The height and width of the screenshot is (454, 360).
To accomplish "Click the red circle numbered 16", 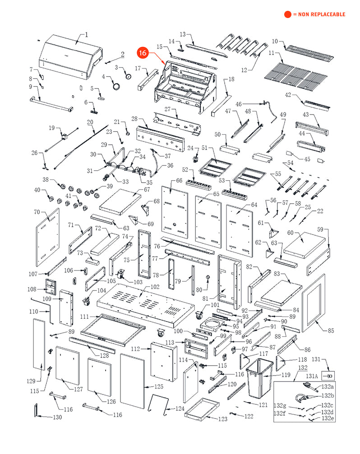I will pos(143,53).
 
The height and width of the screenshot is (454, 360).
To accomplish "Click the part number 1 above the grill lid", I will pos(87,35).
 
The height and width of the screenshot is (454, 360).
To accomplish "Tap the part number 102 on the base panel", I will pos(155,286).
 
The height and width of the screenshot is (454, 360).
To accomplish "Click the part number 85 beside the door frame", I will pos(331,331).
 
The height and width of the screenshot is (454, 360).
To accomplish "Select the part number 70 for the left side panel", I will pos(37,212).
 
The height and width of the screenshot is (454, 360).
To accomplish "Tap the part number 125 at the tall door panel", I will pos(159,387).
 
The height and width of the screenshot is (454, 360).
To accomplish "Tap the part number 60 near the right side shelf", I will pos(290,233).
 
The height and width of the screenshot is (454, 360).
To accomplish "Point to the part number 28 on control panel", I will pos(134,119).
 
